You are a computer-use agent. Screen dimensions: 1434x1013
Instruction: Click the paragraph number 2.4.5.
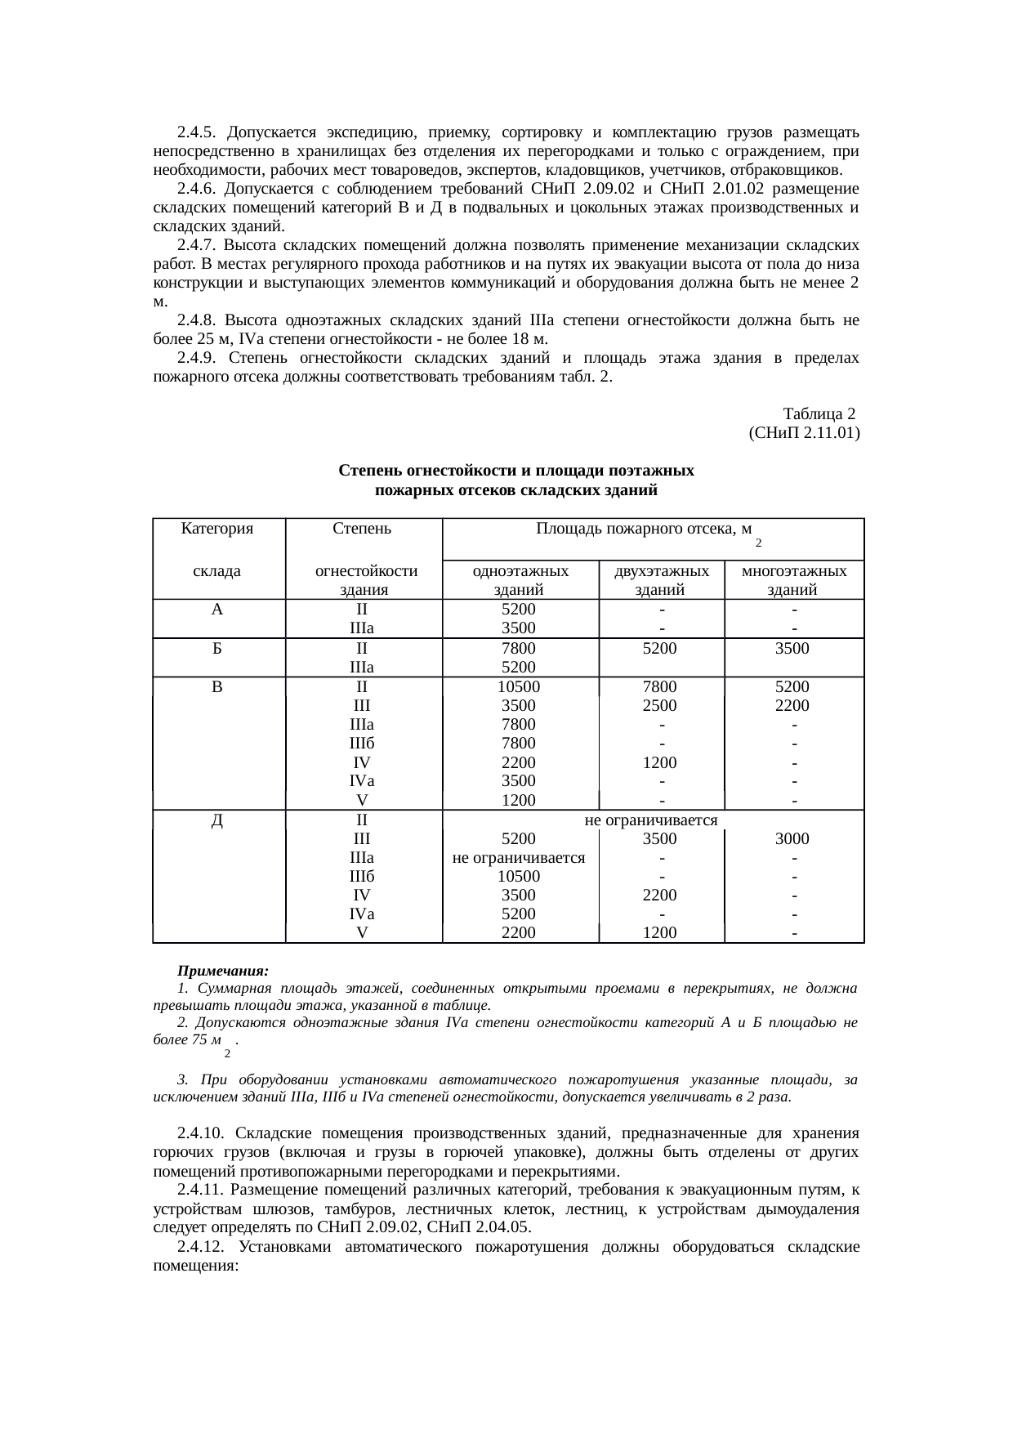(196, 132)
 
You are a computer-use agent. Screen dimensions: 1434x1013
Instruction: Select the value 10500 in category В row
(519, 687)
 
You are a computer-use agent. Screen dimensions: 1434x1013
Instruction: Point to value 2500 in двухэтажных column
(660, 706)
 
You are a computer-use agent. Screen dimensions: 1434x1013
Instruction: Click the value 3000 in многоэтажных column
(792, 838)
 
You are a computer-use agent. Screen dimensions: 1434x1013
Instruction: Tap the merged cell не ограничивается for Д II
(651, 820)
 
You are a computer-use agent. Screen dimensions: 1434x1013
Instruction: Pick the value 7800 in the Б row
(519, 649)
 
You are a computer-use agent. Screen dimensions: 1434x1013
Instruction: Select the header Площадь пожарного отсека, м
(644, 529)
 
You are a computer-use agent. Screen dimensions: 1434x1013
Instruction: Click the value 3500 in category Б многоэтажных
(792, 649)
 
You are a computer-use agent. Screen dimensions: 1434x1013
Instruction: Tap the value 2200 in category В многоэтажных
(792, 706)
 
